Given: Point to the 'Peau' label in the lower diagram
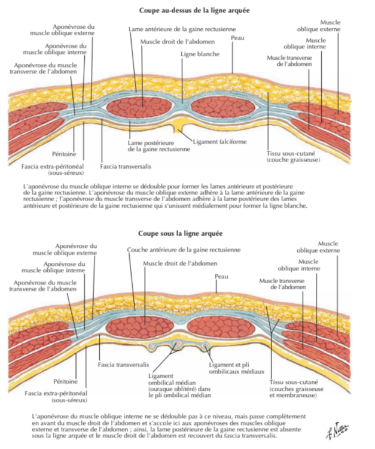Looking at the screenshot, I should click(x=221, y=276).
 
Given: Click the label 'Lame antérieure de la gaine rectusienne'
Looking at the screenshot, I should click(x=182, y=29).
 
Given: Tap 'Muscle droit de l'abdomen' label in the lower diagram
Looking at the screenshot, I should click(x=180, y=263).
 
